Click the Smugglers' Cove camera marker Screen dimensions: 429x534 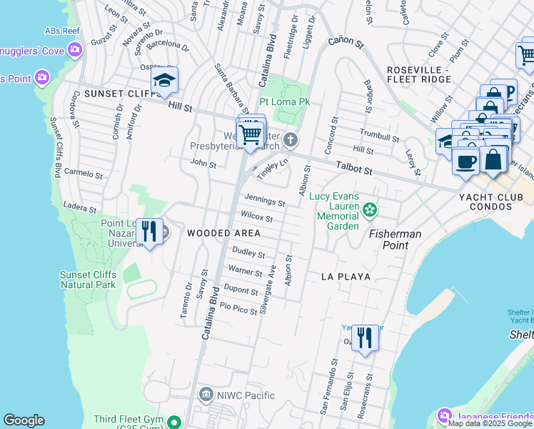click(x=75, y=49)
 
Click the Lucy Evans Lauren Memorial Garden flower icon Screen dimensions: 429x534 click(x=369, y=209)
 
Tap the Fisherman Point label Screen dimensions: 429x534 click(x=395, y=240)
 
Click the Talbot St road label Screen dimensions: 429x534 click(x=355, y=169)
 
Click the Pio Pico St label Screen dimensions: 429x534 click(x=238, y=308)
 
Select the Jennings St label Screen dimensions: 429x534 click(x=265, y=200)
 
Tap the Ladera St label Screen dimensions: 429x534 click(x=79, y=208)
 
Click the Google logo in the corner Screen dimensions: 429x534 click(x=24, y=420)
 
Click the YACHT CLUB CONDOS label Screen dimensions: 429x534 click(x=496, y=201)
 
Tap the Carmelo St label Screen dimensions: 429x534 click(x=84, y=174)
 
